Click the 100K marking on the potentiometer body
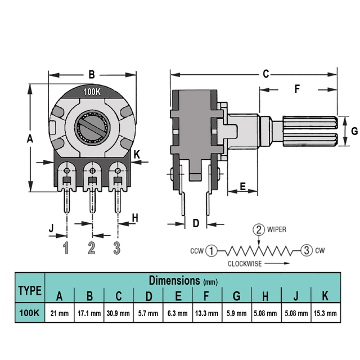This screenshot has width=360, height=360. click(92, 92)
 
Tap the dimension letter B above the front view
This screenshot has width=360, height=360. click(92, 75)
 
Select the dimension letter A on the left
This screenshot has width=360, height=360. click(30, 139)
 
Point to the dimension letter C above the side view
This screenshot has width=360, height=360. click(265, 74)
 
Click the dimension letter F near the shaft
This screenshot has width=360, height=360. click(298, 89)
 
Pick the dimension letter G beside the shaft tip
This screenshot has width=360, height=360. click(354, 131)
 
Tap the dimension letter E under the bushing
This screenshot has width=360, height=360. click(242, 186)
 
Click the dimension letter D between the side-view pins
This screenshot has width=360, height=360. click(196, 223)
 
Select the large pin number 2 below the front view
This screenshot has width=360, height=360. click(92, 247)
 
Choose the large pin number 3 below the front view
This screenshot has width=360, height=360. click(117, 247)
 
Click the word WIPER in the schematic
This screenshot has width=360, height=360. click(277, 229)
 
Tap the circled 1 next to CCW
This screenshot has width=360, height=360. click(211, 251)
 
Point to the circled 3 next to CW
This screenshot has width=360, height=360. click(307, 250)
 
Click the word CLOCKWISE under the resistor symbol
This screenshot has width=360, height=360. click(245, 264)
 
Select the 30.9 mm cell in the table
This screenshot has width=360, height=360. click(118, 313)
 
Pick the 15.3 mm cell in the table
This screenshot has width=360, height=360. click(325, 313)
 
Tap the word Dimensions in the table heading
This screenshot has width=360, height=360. click(174, 280)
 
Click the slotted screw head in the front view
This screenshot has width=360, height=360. click(92, 128)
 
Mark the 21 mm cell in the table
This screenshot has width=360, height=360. click(60, 313)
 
